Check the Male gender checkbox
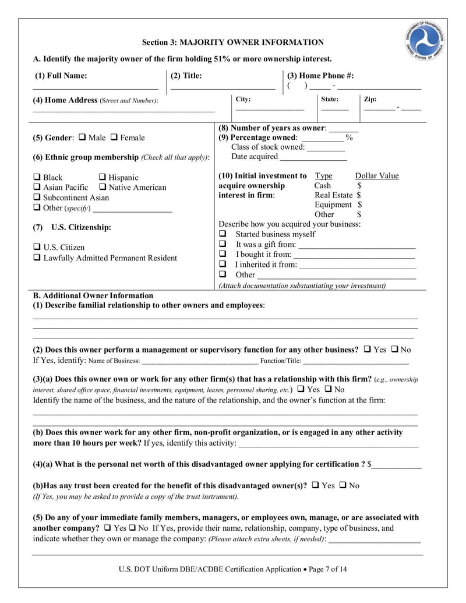(82, 137)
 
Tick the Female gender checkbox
(114, 137)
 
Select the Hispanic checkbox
(103, 177)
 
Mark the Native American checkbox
(103, 187)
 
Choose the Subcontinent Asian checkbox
(37, 198)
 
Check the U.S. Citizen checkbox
(37, 247)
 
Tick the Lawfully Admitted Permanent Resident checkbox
(37, 258)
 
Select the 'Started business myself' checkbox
(222, 234)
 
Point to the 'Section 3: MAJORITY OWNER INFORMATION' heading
(233, 43)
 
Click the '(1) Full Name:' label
(61, 75)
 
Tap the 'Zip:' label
(370, 100)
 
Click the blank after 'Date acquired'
(313, 157)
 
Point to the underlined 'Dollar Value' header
(377, 176)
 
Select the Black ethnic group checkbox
(37, 177)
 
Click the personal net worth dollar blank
(397, 465)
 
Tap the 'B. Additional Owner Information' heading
(93, 295)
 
